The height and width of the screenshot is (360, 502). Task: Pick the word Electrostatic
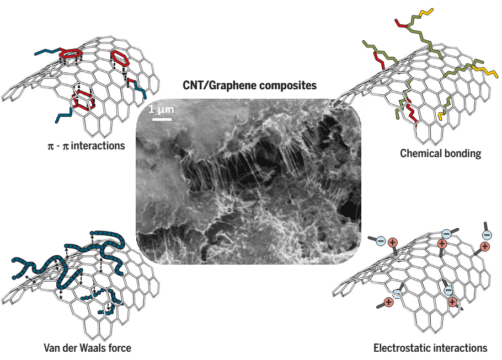[402, 348]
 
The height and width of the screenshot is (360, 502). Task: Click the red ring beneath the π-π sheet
[81, 102]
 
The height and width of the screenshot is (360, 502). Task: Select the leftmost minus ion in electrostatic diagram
[379, 241]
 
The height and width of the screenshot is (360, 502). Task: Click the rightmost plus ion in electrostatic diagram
[485, 246]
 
